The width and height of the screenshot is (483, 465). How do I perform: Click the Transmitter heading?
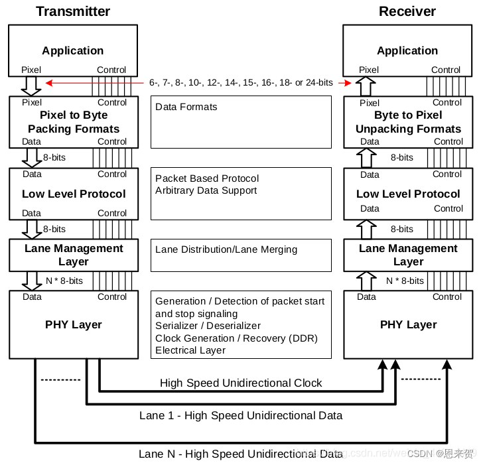click(x=73, y=11)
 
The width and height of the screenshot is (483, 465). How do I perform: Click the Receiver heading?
click(x=407, y=11)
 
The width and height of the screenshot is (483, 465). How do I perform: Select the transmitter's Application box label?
click(x=73, y=50)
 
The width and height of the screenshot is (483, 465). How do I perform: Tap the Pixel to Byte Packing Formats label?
click(x=73, y=122)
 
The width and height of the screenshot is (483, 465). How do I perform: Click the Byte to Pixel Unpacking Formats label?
click(x=408, y=122)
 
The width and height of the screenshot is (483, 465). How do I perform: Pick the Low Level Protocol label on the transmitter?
click(x=73, y=194)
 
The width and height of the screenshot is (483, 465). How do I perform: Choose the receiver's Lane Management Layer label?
click(x=408, y=255)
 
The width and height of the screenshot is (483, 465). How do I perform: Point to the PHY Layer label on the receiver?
click(x=408, y=324)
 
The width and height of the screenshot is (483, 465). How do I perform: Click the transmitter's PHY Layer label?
click(x=73, y=324)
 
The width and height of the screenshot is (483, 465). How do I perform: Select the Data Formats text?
click(x=186, y=106)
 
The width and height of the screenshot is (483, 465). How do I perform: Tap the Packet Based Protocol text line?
click(x=207, y=178)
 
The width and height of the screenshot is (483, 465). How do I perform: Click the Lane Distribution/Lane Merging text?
click(x=226, y=249)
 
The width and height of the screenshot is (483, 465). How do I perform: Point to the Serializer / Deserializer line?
click(x=208, y=326)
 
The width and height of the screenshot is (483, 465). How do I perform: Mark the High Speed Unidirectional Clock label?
click(x=241, y=383)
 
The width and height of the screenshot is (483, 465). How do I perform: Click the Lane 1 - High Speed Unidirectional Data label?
click(x=241, y=415)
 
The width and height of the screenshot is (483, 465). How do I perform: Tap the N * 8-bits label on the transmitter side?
click(x=64, y=281)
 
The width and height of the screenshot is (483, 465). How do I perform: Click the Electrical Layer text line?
click(x=190, y=350)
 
